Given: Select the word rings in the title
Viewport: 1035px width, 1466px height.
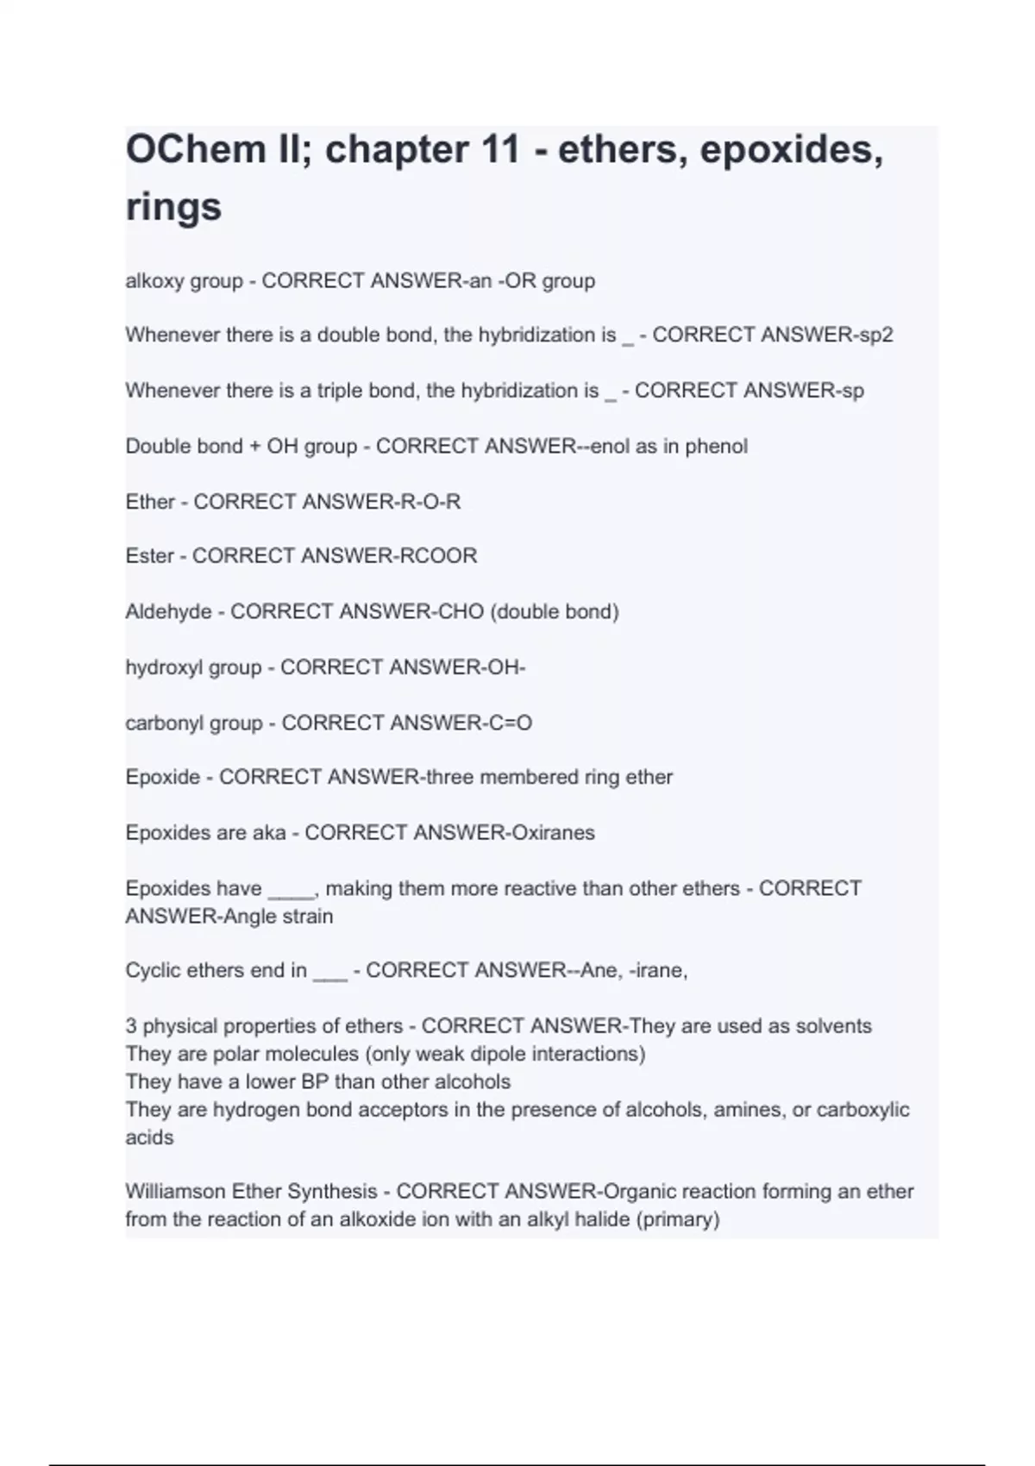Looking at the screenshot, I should (173, 207).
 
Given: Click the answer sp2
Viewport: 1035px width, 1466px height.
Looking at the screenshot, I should (875, 335).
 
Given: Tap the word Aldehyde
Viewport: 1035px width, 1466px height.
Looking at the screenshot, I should (168, 611).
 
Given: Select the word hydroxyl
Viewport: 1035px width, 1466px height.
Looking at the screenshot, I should (163, 667).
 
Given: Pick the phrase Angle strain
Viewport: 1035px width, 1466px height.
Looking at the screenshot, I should (278, 916).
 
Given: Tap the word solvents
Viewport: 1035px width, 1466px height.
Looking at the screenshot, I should (833, 1025).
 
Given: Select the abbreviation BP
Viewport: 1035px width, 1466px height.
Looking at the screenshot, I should (314, 1081).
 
